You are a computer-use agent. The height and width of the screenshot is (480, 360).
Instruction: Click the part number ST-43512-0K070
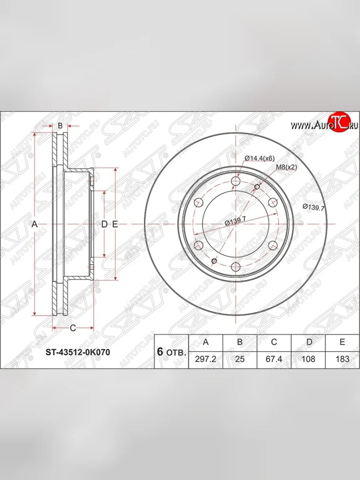(78, 352)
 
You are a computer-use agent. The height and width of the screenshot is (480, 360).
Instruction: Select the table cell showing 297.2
(206, 359)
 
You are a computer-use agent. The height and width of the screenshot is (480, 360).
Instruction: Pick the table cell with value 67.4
(274, 359)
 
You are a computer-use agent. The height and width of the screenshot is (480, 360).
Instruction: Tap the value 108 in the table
(308, 359)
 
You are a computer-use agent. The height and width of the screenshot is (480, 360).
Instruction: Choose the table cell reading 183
(342, 359)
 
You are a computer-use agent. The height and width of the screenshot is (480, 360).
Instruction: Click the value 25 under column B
(240, 359)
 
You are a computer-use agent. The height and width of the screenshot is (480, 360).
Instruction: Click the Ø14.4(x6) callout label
(260, 158)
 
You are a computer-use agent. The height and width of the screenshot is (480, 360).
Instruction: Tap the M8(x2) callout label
(286, 167)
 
